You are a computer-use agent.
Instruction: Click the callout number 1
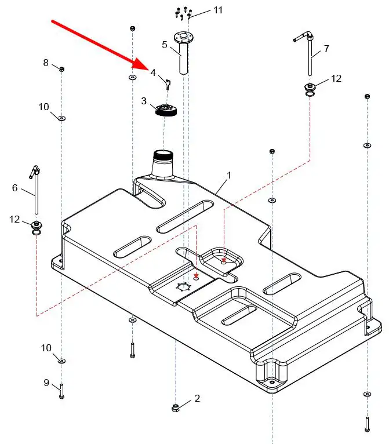pos(229,174)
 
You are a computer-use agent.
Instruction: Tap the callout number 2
pos(197,398)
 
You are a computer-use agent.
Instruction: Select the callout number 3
pos(144,101)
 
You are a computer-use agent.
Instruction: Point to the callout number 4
pos(153,72)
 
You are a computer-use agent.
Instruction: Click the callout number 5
pos(165,44)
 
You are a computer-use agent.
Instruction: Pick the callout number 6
pos(15,188)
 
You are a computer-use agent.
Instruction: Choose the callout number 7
pos(326,49)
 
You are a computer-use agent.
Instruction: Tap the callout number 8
pos(46,63)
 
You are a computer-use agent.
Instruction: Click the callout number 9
pos(46,383)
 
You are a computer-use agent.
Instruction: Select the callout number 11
pos(201,10)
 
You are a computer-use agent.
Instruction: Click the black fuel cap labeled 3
pos(165,110)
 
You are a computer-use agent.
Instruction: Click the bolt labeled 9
pos(61,391)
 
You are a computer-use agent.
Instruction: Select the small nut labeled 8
pos(61,70)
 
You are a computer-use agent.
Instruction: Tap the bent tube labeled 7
pos(309,55)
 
